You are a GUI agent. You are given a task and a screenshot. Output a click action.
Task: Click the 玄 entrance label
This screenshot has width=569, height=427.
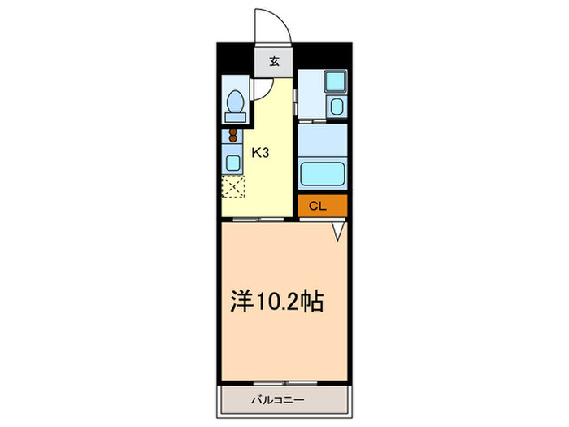tap(275, 61)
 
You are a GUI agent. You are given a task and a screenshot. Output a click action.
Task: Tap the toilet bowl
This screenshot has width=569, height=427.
tap(234, 102)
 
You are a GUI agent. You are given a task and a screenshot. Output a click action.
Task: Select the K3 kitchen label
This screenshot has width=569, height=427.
tap(259, 152)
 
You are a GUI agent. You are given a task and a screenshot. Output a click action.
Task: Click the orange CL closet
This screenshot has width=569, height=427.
tap(322, 207)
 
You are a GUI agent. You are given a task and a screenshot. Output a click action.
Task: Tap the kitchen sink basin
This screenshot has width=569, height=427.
tap(232, 162)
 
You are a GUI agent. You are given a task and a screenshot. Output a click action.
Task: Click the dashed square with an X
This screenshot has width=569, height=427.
tap(233, 187)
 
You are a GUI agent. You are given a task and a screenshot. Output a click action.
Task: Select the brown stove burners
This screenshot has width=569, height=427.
tap(233, 137)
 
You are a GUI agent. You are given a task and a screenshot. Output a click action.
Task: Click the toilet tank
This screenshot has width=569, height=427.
tap(234, 117)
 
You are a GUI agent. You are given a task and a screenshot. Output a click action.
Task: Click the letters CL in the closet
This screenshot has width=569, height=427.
tap(318, 207)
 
